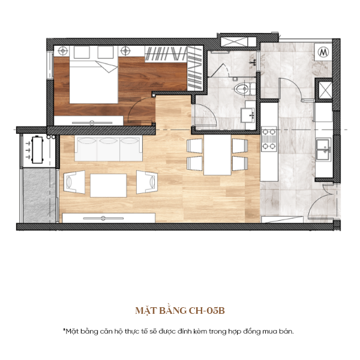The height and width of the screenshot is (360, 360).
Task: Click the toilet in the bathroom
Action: [245, 89]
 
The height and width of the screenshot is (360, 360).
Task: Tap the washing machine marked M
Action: [323, 52]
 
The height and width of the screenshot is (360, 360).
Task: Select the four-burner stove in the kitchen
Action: [269, 139]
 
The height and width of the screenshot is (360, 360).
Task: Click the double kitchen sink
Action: [323, 149]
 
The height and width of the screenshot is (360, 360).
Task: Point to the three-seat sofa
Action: [109, 149]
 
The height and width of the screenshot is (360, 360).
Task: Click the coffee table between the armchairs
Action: [109, 185]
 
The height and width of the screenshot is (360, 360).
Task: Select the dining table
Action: [217, 155]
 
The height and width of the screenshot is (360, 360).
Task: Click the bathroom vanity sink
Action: [248, 115]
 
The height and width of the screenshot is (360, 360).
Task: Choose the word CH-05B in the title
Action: [206, 311]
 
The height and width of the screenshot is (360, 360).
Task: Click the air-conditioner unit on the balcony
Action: [37, 150]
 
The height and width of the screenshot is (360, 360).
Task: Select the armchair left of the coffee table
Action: [74, 182]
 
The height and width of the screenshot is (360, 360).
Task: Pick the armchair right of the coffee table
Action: [147, 182]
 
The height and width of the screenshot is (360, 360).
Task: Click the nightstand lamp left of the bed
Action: [62, 51]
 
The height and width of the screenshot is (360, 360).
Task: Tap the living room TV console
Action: [109, 218]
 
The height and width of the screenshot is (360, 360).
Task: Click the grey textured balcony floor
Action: [39, 196]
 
